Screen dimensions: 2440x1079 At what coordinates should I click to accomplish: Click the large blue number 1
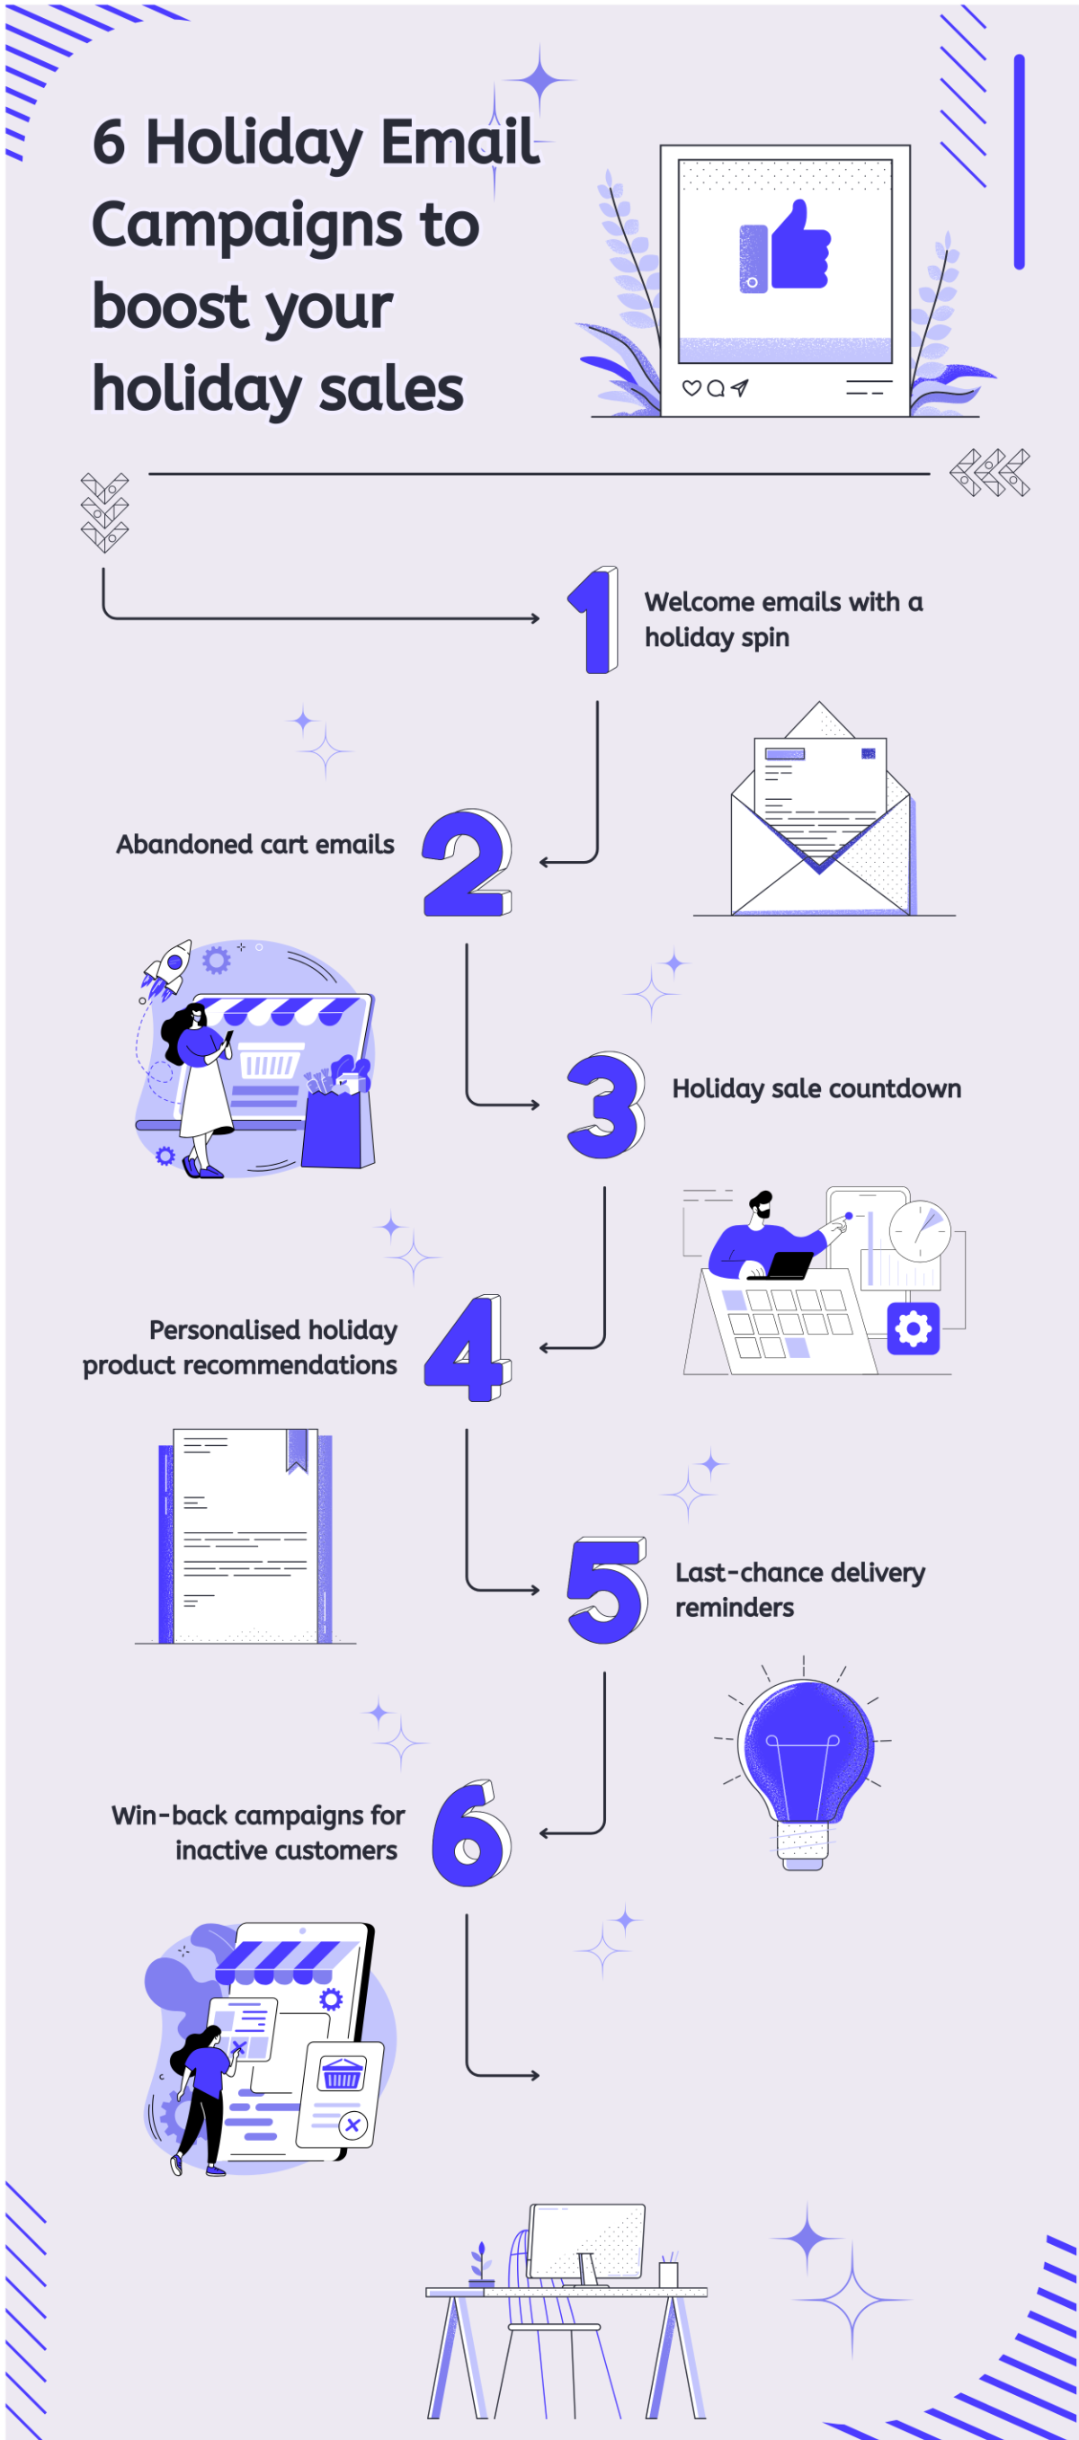595,621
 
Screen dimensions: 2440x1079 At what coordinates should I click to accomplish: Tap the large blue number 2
467,864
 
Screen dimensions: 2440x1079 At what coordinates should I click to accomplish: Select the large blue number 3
604,1105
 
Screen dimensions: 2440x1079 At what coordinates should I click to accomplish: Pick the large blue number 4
468,1348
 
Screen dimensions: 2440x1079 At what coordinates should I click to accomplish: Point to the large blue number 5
607,1591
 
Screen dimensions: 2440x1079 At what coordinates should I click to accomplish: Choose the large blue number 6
471,1833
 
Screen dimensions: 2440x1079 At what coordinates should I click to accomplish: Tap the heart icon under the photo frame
691,387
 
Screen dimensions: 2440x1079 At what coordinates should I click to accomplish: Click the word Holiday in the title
253,143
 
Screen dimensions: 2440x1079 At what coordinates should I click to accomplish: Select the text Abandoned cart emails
254,844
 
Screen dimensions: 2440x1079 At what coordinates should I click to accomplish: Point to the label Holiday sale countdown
816,1088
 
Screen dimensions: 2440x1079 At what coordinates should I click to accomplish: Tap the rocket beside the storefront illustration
167,967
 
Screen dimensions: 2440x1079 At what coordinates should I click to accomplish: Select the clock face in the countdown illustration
920,1231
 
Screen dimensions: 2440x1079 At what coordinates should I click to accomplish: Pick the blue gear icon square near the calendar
914,1329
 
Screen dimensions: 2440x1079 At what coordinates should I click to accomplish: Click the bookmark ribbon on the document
297,1451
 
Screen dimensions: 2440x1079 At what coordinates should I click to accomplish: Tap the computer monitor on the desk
586,2242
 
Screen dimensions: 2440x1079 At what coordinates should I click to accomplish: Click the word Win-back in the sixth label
170,1815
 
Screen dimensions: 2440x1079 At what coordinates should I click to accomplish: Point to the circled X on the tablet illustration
352,2125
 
